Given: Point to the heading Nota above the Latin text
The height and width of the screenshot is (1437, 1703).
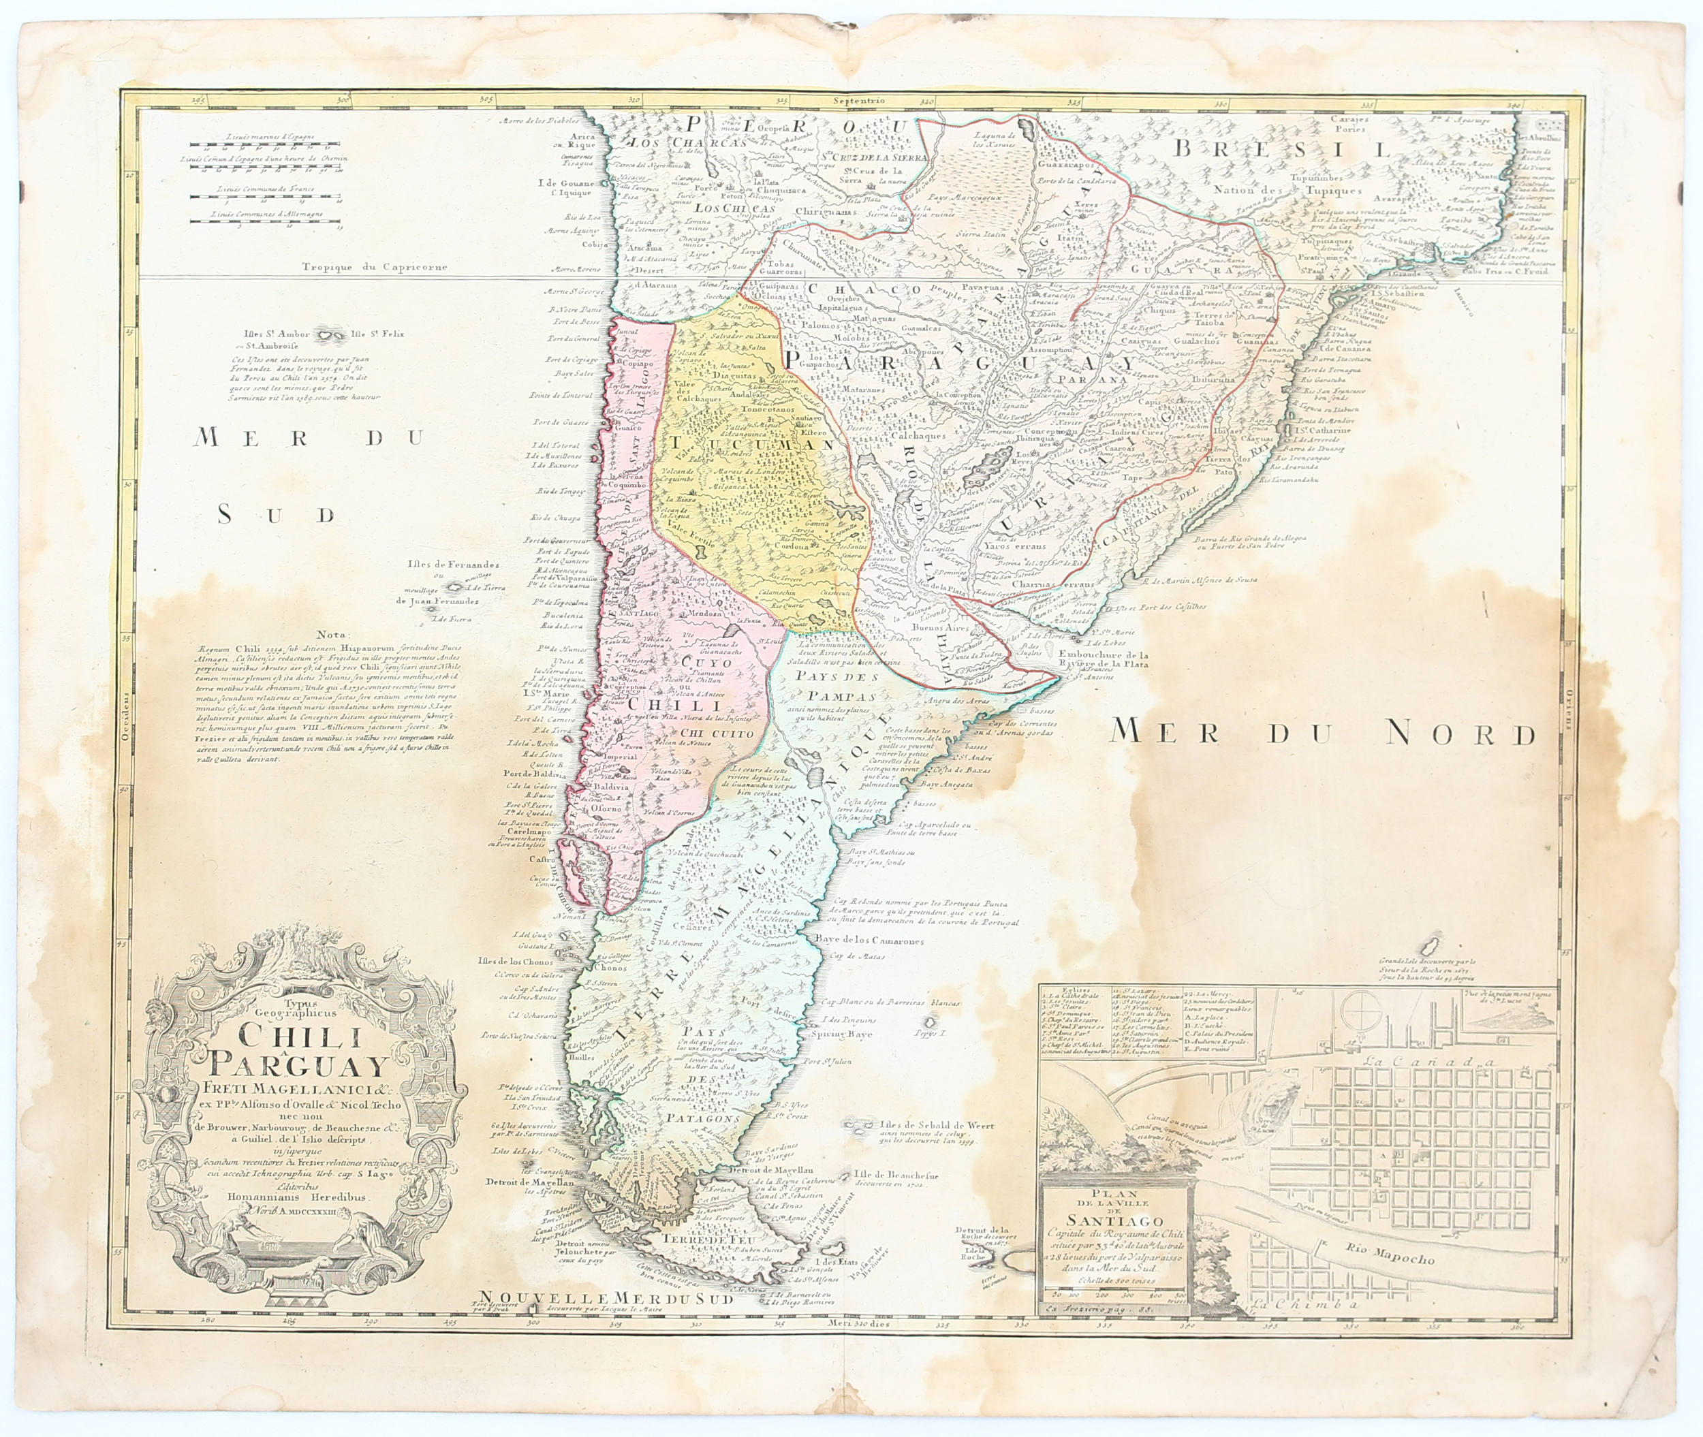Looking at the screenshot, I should point(332,635).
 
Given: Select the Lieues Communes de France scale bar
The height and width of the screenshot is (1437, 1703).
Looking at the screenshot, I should point(254,194).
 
